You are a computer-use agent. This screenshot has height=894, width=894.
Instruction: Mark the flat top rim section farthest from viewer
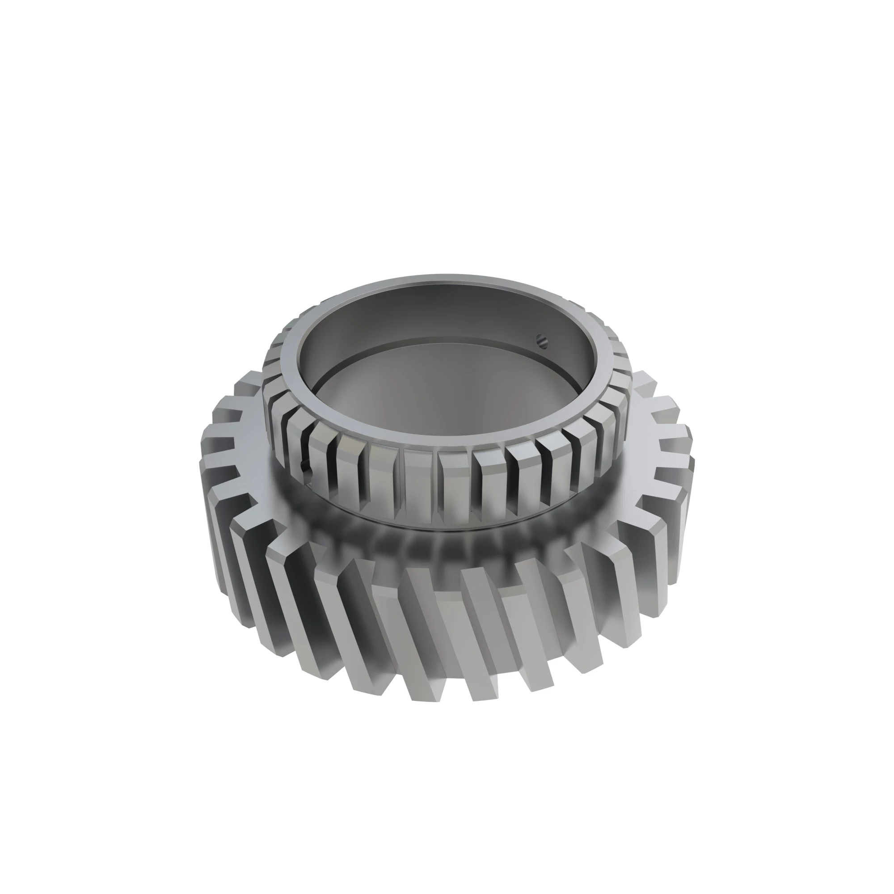point(444,280)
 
